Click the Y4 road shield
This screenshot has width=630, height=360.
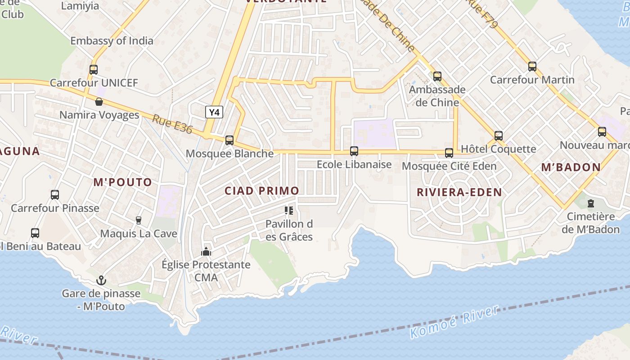[x=214, y=112]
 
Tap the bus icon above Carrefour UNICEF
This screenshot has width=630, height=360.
[x=94, y=70]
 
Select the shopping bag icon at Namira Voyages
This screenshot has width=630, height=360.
[x=99, y=102]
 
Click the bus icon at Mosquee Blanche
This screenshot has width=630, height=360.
[x=229, y=140]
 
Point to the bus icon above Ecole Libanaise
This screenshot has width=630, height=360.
[x=354, y=151]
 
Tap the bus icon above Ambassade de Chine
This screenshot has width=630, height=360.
[x=437, y=76]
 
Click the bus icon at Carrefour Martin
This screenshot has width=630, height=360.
[x=532, y=67]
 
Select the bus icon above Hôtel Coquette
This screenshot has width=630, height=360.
[x=499, y=135]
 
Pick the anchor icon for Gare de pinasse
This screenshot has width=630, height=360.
[x=101, y=281]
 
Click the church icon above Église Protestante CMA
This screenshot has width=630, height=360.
[x=206, y=252]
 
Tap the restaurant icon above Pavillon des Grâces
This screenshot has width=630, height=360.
[x=289, y=210]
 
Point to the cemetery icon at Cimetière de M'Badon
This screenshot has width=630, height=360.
[x=590, y=203]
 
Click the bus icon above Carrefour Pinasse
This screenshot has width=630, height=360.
[x=55, y=195]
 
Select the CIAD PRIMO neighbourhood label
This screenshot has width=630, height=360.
[x=262, y=191]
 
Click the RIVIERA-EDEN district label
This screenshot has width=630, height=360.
[x=459, y=193]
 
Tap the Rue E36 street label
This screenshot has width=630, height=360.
[x=172, y=125]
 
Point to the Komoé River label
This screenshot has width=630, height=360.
[x=454, y=322]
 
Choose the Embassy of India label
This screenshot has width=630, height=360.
[x=112, y=41]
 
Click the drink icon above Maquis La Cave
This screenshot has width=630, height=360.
[x=139, y=220]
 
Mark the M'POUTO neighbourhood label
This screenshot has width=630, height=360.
[x=122, y=182]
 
